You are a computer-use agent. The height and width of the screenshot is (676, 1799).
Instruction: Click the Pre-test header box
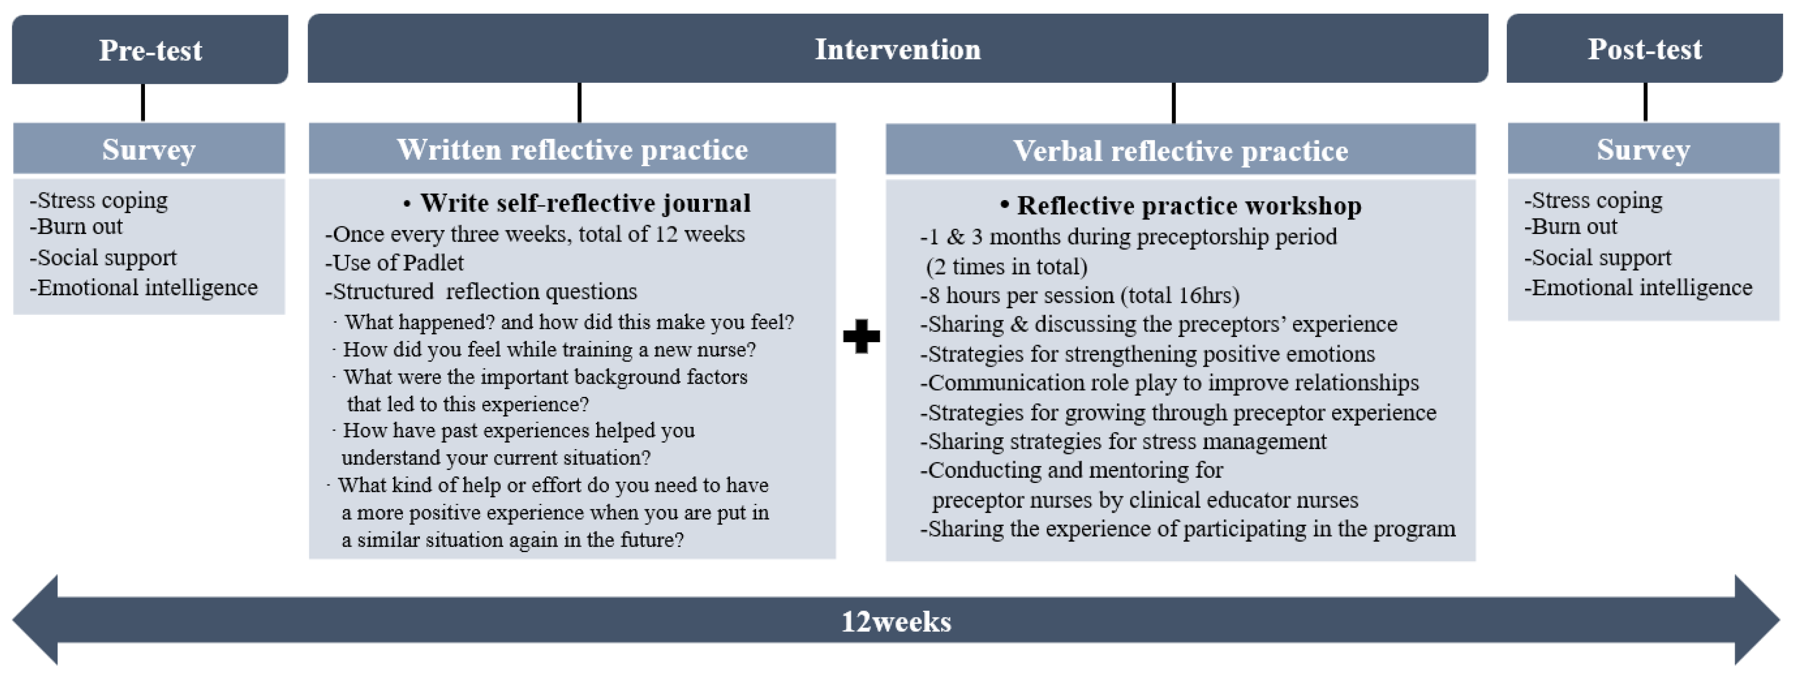(150, 49)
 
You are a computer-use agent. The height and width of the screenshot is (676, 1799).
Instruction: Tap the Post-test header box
(1645, 48)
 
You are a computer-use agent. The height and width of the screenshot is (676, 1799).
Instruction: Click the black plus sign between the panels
(861, 336)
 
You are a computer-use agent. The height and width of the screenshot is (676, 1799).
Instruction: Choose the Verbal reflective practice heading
(1180, 150)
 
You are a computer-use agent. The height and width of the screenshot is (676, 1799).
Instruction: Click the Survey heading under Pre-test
(149, 149)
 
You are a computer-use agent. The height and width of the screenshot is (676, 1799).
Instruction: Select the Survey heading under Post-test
(1643, 149)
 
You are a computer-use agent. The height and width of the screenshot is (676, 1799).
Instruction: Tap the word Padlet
(433, 263)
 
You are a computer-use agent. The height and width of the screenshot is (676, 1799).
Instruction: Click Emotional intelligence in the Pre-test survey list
(144, 288)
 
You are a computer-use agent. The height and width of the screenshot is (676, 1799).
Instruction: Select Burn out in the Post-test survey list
(1571, 226)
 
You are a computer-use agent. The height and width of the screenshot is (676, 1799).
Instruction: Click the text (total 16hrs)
(1180, 296)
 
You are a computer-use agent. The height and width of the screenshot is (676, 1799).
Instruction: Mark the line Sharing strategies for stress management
(1123, 442)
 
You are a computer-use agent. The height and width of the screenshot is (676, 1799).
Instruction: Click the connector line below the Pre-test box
(143, 103)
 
